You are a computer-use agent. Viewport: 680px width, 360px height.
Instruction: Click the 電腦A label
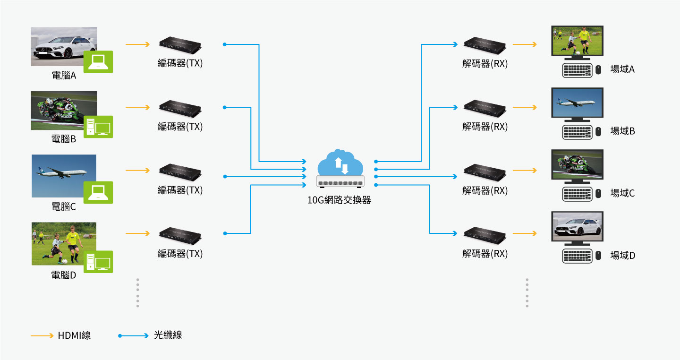pyautogui.click(x=64, y=75)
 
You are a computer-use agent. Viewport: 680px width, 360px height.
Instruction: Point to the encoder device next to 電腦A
pyautogui.click(x=180, y=44)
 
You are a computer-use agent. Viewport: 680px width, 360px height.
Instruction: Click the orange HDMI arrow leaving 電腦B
pyautogui.click(x=137, y=107)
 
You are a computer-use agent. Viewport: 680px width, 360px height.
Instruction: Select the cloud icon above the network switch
pyautogui.click(x=340, y=163)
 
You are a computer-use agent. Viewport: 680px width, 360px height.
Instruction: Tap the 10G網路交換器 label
pyautogui.click(x=339, y=200)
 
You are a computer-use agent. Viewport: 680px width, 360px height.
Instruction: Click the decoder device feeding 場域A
pyautogui.click(x=485, y=44)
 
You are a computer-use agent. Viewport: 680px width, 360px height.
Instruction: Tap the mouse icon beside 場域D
pyautogui.click(x=598, y=256)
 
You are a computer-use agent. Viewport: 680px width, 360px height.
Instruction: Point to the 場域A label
pyautogui.click(x=622, y=69)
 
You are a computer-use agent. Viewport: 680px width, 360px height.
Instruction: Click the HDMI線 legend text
pyautogui.click(x=74, y=336)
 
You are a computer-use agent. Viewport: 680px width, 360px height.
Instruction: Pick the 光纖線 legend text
pyautogui.click(x=168, y=336)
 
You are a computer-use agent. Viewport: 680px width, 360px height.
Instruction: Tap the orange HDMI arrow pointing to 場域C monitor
pyautogui.click(x=525, y=170)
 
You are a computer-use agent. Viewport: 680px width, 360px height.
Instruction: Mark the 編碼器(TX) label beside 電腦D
pyautogui.click(x=180, y=254)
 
